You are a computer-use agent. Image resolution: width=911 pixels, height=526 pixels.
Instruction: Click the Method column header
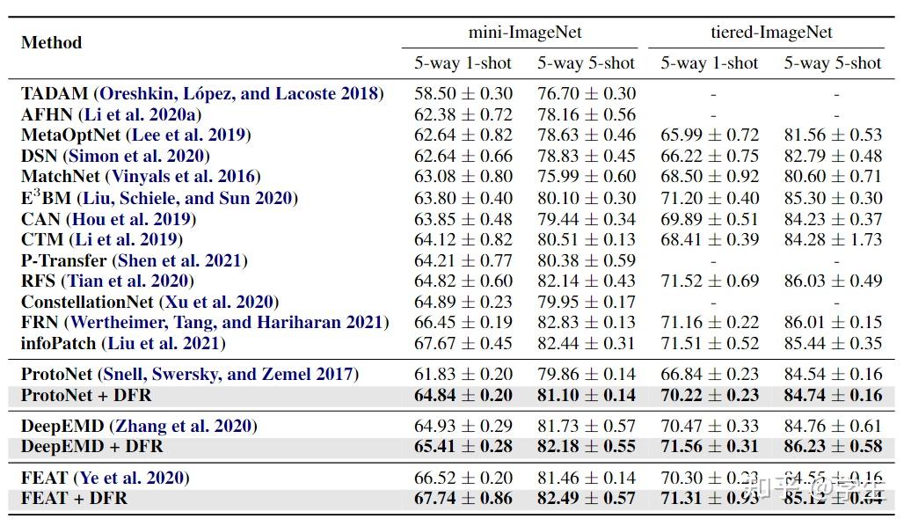pos(51,42)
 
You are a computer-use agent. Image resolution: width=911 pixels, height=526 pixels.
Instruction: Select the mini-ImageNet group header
pos(525,33)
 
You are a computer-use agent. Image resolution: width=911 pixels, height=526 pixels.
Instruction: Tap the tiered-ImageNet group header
pos(771,33)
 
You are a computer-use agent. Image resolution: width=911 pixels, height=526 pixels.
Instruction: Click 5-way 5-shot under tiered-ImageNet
pos(832,62)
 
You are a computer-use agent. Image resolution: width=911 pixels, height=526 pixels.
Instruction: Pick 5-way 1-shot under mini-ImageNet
pos(463,62)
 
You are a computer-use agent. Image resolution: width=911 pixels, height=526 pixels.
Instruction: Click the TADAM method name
pos(55,93)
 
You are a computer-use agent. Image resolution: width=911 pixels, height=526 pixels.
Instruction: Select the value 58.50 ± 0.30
pos(463,93)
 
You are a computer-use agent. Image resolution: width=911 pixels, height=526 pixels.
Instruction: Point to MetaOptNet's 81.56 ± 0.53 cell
pos(833,135)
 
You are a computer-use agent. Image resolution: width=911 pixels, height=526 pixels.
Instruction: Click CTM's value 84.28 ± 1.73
pos(833,239)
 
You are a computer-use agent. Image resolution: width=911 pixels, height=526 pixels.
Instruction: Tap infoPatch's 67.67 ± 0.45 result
pos(463,344)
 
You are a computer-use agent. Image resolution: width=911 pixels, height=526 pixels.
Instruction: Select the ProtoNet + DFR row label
pos(86,395)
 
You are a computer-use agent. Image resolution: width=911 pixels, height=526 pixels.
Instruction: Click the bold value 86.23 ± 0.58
pos(833,447)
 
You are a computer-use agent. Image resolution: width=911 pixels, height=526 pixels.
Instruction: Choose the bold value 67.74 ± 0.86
pos(463,499)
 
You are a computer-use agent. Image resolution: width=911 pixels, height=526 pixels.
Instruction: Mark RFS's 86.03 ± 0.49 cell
pos(833,281)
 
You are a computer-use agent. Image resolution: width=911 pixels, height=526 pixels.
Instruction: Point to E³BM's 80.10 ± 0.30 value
pos(587,198)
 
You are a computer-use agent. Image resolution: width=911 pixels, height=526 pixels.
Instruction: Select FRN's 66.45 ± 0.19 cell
pos(463,323)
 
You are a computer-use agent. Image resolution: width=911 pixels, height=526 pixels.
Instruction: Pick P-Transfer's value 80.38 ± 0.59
pos(587,260)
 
